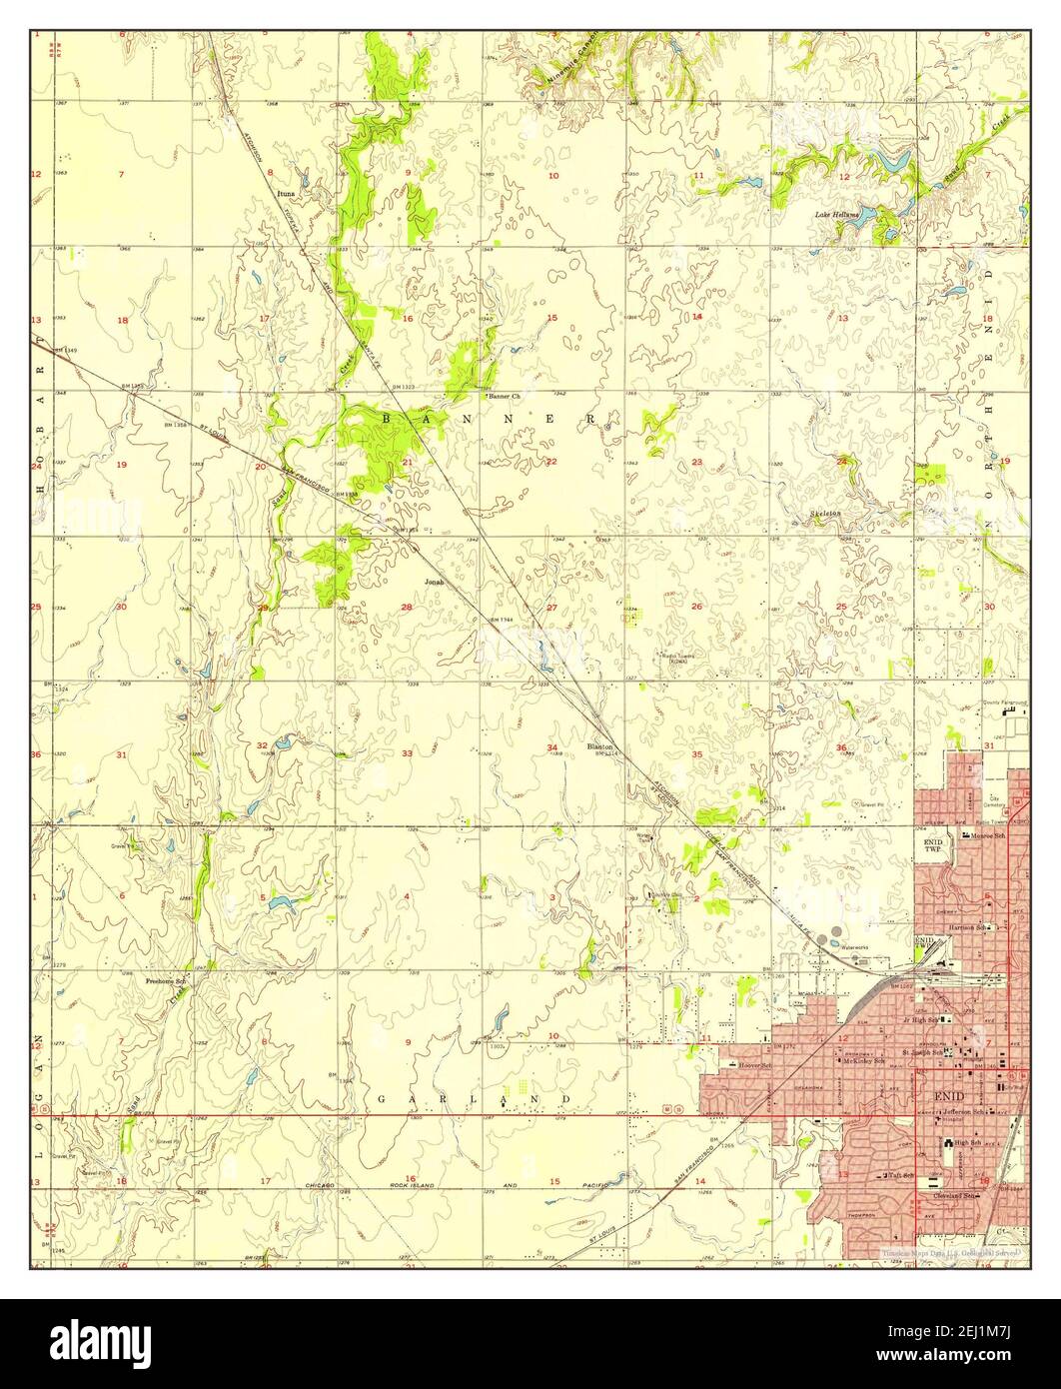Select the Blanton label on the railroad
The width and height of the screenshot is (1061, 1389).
coord(599,745)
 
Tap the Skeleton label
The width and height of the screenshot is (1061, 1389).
coord(825,514)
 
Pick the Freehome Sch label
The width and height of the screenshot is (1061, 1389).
coord(166,980)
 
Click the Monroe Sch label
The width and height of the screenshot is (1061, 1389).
coord(991,835)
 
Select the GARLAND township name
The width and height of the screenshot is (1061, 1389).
coord(474,1099)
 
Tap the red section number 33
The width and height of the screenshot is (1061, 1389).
coord(407,752)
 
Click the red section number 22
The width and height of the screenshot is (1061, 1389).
coord(551,461)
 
